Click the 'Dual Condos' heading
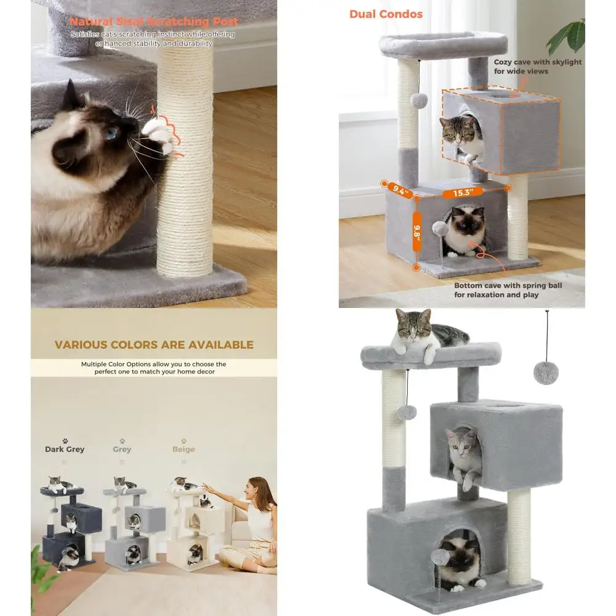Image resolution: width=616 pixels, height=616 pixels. [x=386, y=14]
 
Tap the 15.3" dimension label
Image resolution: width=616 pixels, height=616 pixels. [x=463, y=192]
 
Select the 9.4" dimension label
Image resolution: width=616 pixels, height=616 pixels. [x=399, y=190]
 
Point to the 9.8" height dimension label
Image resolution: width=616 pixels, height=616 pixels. [x=417, y=232]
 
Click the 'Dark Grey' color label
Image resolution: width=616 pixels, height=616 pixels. [x=65, y=449]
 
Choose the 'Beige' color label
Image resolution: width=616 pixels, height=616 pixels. [x=184, y=449]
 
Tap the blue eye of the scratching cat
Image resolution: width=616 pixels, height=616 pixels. [x=111, y=133]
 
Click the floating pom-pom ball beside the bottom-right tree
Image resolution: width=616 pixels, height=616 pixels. [x=546, y=373]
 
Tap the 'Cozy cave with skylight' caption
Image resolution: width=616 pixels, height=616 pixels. [x=537, y=62]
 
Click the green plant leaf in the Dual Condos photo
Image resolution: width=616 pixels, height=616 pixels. [x=568, y=38]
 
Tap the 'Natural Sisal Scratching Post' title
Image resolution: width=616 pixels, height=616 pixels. [x=154, y=21]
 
